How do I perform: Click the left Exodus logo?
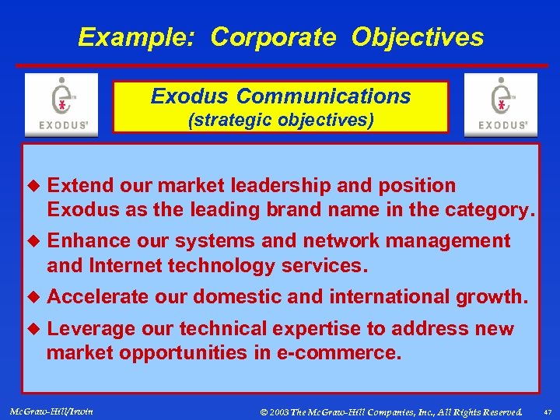pyautogui.click(x=61, y=105)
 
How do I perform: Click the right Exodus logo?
pyautogui.click(x=500, y=105)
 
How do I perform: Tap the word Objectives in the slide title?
pyautogui.click(x=417, y=37)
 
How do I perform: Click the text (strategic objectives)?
pyautogui.click(x=281, y=120)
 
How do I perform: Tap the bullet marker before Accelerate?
pyautogui.click(x=33, y=297)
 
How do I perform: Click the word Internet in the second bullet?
pyautogui.click(x=124, y=266)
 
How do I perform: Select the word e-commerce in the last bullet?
pyautogui.click(x=339, y=353)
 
